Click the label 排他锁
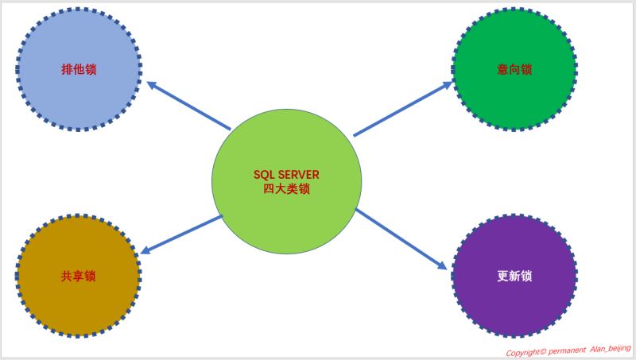tap(78, 69)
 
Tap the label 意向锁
tap(514, 69)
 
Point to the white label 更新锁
tap(514, 277)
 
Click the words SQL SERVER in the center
tap(286, 175)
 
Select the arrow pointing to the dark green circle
tap(402, 106)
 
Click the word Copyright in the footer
tap(525, 351)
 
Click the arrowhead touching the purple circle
tap(442, 265)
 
